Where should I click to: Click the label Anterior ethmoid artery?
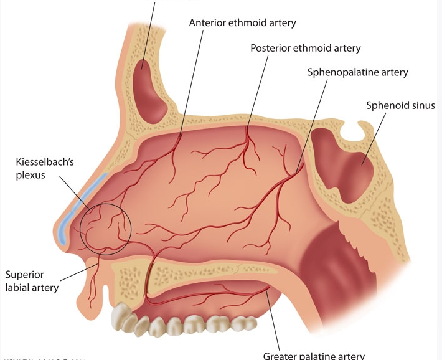click(x=242, y=23)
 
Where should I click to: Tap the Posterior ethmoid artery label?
click(x=305, y=48)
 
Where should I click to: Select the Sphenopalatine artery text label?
click(x=357, y=72)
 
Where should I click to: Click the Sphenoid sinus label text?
click(x=400, y=105)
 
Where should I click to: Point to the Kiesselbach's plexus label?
click(x=36, y=169)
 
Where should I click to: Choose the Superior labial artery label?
click(x=32, y=281)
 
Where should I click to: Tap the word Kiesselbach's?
click(x=36, y=163)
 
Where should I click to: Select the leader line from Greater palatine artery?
click(x=275, y=318)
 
